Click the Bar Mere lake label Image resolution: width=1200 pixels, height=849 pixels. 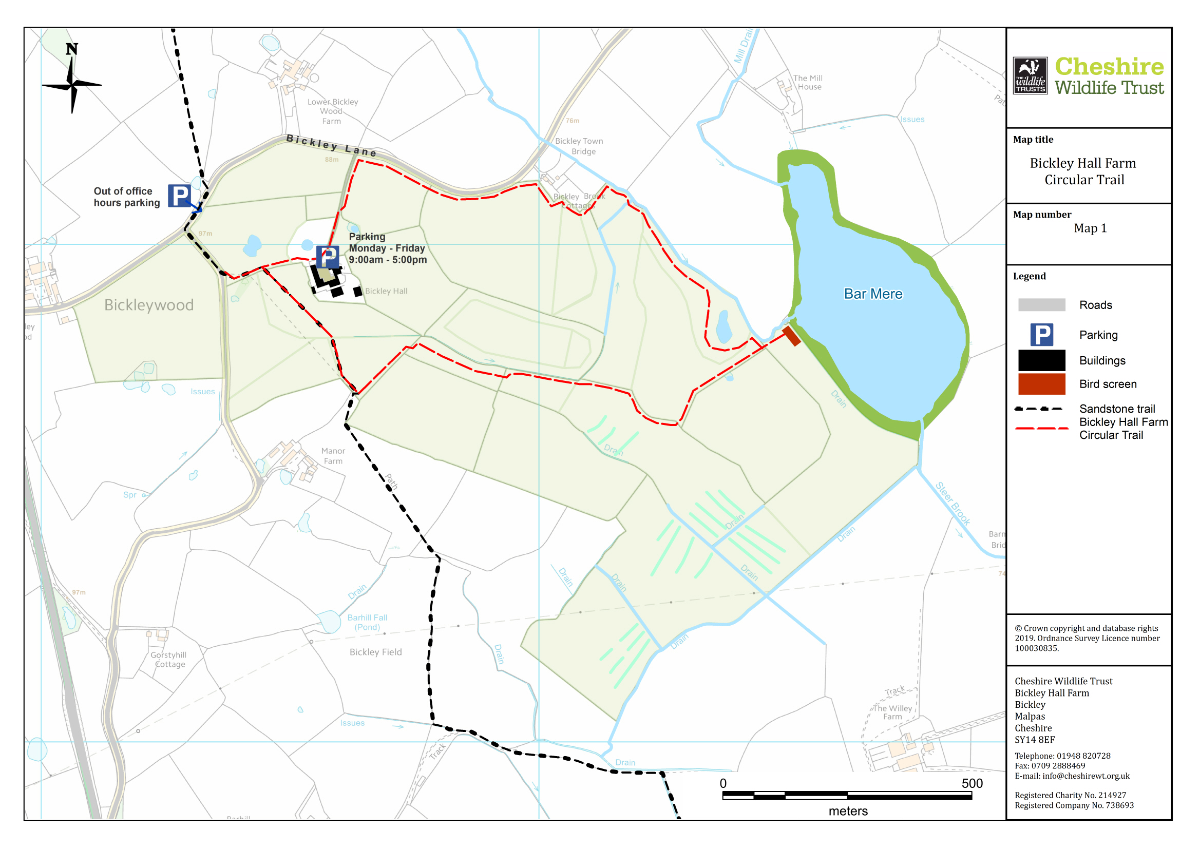[x=873, y=294]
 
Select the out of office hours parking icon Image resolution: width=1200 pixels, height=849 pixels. [x=179, y=196]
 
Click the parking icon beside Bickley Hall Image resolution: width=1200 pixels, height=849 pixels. [x=327, y=257]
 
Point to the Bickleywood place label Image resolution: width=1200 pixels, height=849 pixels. [x=149, y=305]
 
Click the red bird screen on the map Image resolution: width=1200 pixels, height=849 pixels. [x=791, y=336]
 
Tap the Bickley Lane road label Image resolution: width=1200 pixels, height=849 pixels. [x=331, y=145]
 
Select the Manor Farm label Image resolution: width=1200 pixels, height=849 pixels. [x=333, y=456]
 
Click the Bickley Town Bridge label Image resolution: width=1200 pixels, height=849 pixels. [x=579, y=146]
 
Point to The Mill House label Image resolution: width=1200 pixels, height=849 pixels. [x=808, y=83]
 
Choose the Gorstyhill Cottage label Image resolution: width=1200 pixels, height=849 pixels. [x=168, y=659]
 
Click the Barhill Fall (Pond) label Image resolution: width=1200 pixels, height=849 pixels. [x=367, y=622]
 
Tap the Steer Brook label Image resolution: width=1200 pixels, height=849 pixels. [x=953, y=504]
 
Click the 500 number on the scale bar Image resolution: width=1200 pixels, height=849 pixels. [x=972, y=783]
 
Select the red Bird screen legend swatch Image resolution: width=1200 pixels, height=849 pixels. [x=1041, y=384]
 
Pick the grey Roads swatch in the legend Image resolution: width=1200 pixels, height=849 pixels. [x=1041, y=305]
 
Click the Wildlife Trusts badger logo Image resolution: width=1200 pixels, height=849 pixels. [x=1030, y=76]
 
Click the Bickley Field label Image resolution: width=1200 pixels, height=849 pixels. [x=375, y=652]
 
